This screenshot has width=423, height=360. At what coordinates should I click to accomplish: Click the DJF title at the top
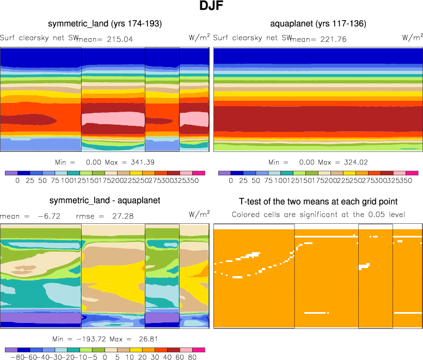tap(211, 7)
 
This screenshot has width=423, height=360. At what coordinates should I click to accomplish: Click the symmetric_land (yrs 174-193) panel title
tap(105, 24)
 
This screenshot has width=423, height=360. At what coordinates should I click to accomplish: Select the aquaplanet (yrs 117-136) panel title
tap(318, 24)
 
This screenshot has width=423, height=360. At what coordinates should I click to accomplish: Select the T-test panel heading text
tap(318, 202)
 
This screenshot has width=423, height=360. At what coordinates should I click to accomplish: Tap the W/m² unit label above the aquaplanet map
tap(412, 38)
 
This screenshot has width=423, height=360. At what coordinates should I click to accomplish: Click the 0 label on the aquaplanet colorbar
tap(231, 180)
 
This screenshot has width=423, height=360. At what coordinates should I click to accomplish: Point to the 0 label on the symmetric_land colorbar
tap(17, 180)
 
